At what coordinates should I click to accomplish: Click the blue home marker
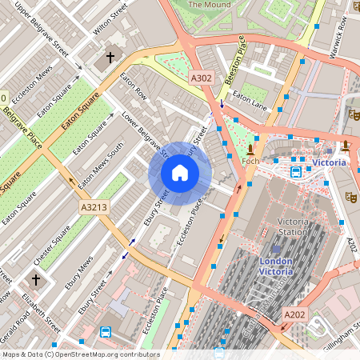pos(180,173)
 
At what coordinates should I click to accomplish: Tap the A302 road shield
pos(202,78)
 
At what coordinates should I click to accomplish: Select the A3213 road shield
pos(93,207)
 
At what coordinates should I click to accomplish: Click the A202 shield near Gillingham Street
pos(294,316)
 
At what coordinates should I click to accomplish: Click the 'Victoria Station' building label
pos(293,226)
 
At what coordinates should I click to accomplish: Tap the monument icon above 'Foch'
pos(251,149)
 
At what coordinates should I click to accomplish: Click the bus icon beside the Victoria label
pos(296,171)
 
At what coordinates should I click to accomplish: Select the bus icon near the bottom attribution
pos(105,331)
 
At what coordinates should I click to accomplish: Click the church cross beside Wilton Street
pos(110,59)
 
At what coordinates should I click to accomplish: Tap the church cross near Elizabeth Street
pos(36,279)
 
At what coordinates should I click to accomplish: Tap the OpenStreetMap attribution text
pos(80,354)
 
